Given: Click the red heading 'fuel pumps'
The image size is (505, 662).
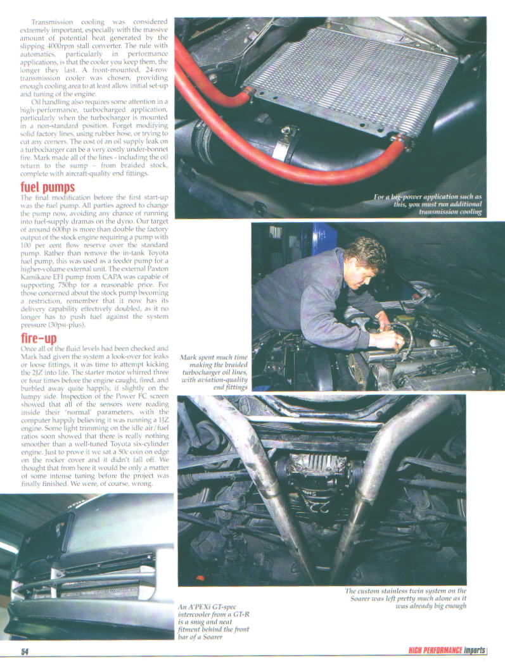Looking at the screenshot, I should pos(48,187).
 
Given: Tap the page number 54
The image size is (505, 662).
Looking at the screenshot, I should pos(25,652).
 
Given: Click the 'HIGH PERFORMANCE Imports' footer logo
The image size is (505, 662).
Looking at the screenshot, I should pos(446,651).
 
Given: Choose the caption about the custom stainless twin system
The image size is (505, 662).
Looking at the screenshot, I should pos(406,598).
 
